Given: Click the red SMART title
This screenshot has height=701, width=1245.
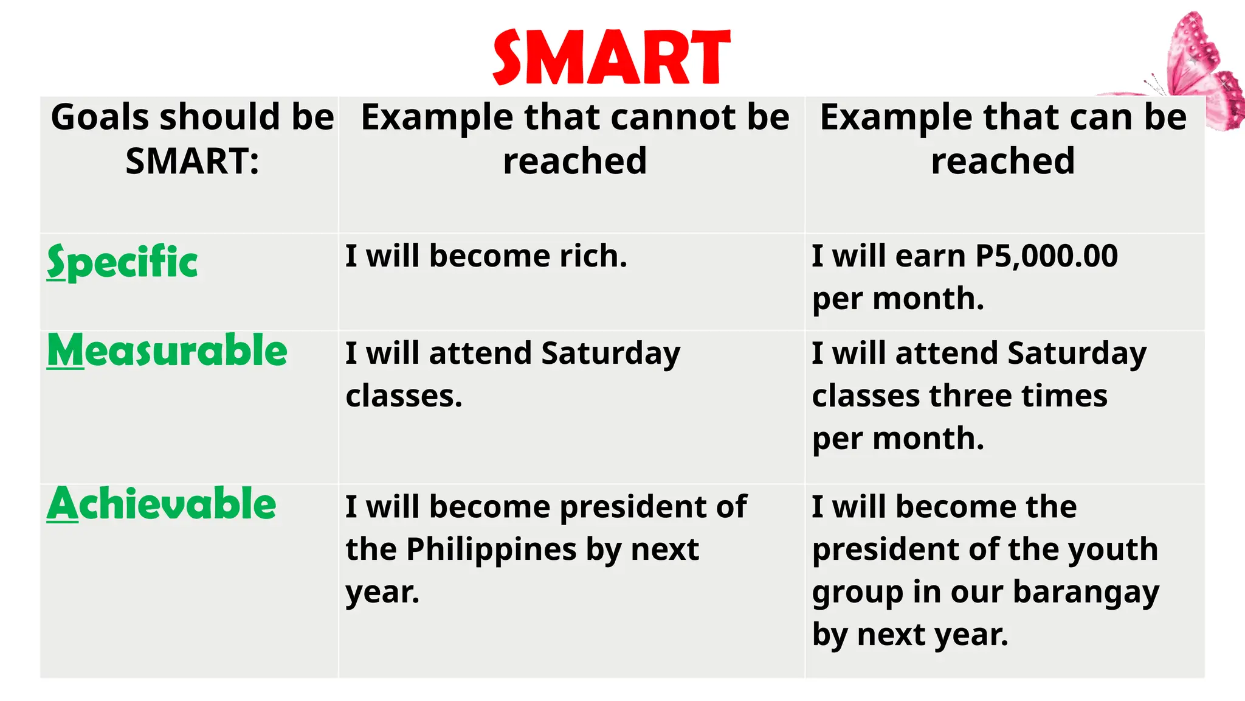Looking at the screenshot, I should (611, 58).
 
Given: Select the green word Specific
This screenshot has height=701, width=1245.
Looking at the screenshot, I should (122, 262).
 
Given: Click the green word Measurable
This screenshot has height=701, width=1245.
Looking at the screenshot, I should (167, 351).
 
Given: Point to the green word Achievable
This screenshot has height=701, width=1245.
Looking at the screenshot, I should (162, 504).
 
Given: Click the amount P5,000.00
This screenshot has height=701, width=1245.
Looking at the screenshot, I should (1046, 256).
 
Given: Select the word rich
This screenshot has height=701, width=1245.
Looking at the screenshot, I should (593, 256).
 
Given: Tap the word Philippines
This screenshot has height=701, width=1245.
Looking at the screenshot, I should (491, 550).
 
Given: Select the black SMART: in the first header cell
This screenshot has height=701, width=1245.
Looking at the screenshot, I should (192, 161).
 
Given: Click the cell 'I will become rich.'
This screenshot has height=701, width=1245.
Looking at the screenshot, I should (486, 256).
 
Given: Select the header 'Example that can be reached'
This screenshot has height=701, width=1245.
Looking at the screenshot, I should (1003, 139).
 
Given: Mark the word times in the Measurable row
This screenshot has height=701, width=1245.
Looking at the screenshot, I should (1064, 396).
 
